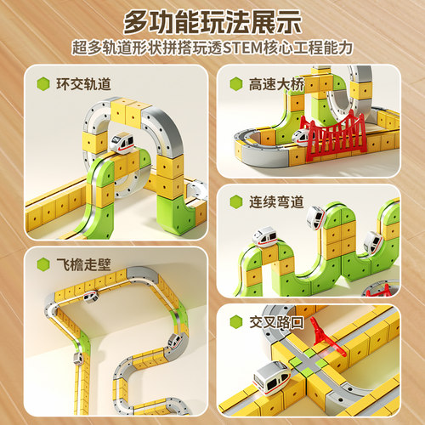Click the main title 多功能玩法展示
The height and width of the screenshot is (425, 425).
coord(212,20)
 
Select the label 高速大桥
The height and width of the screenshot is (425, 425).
coord(271,84)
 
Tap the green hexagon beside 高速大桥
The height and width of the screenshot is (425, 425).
coord(235,84)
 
